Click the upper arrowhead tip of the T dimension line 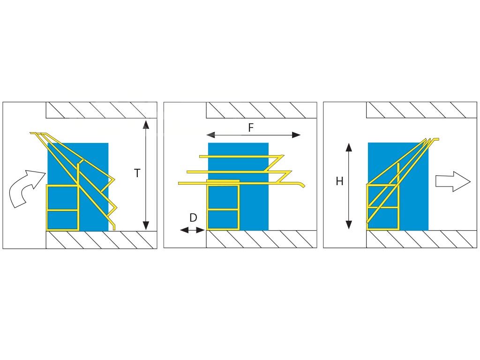click(x=146, y=120)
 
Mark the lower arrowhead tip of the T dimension click(x=146, y=230)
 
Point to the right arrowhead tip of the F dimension click(x=300, y=135)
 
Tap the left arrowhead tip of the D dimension click(x=180, y=230)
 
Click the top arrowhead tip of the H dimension click(x=349, y=143)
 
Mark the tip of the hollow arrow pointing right click(x=470, y=182)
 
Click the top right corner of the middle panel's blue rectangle click(x=269, y=143)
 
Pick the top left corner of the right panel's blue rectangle click(x=368, y=142)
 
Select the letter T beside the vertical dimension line click(x=137, y=173)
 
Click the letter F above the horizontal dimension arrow click(x=251, y=127)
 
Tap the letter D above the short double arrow click(x=193, y=218)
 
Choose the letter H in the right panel click(x=339, y=181)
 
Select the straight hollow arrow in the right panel click(x=453, y=182)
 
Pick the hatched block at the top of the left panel click(x=101, y=110)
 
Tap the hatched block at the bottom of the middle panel click(x=262, y=239)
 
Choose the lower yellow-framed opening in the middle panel click(x=223, y=219)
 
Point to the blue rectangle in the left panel click(x=78, y=187)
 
